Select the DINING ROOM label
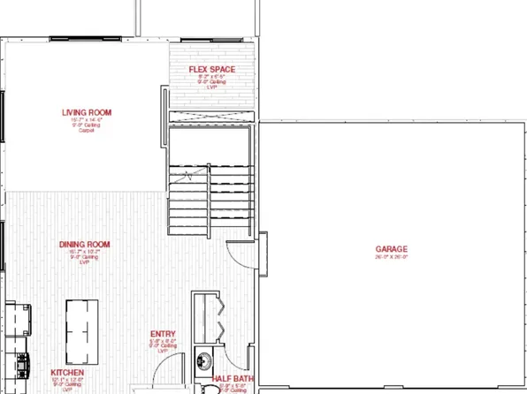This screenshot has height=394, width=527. tap(84, 244)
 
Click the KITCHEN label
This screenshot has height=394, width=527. tap(67, 373)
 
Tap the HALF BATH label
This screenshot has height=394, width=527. tap(234, 380)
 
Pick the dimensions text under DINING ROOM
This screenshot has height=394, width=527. tap(84, 252)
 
